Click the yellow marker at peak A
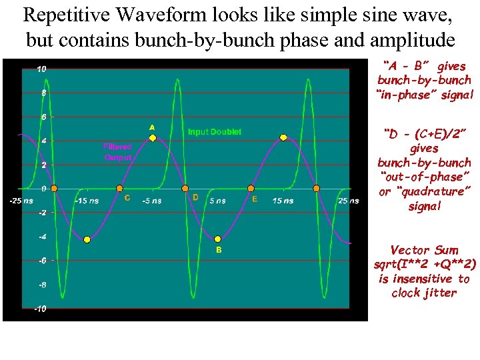[x=153, y=138]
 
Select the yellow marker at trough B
[x=218, y=239]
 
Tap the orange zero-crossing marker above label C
[x=120, y=189]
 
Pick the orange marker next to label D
[x=185, y=189]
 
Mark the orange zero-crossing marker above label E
[x=251, y=189]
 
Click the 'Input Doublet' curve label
[x=215, y=132]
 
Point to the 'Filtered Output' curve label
[x=117, y=151]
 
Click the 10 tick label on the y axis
[x=41, y=69]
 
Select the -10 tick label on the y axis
[x=40, y=309]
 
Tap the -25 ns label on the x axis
[x=20, y=201]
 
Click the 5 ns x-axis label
[x=217, y=201]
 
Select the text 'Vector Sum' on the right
[x=424, y=251]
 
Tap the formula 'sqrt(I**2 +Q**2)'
[x=425, y=265]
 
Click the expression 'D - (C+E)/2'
[x=424, y=134]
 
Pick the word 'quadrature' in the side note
[x=430, y=192]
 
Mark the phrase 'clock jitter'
[x=424, y=293]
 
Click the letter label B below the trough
[x=218, y=251]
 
